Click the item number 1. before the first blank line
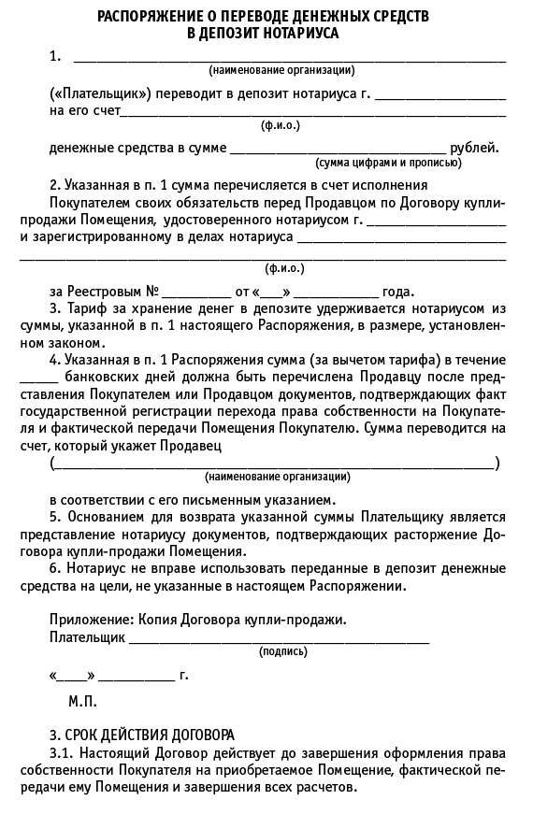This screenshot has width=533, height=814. pyautogui.click(x=55, y=57)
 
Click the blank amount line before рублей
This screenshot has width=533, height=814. pyautogui.click(x=338, y=149)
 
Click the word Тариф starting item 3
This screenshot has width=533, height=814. pyautogui.click(x=84, y=308)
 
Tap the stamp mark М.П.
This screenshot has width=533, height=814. pyautogui.click(x=82, y=700)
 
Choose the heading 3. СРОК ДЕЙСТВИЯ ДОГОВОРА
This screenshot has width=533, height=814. pyautogui.click(x=141, y=735)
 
